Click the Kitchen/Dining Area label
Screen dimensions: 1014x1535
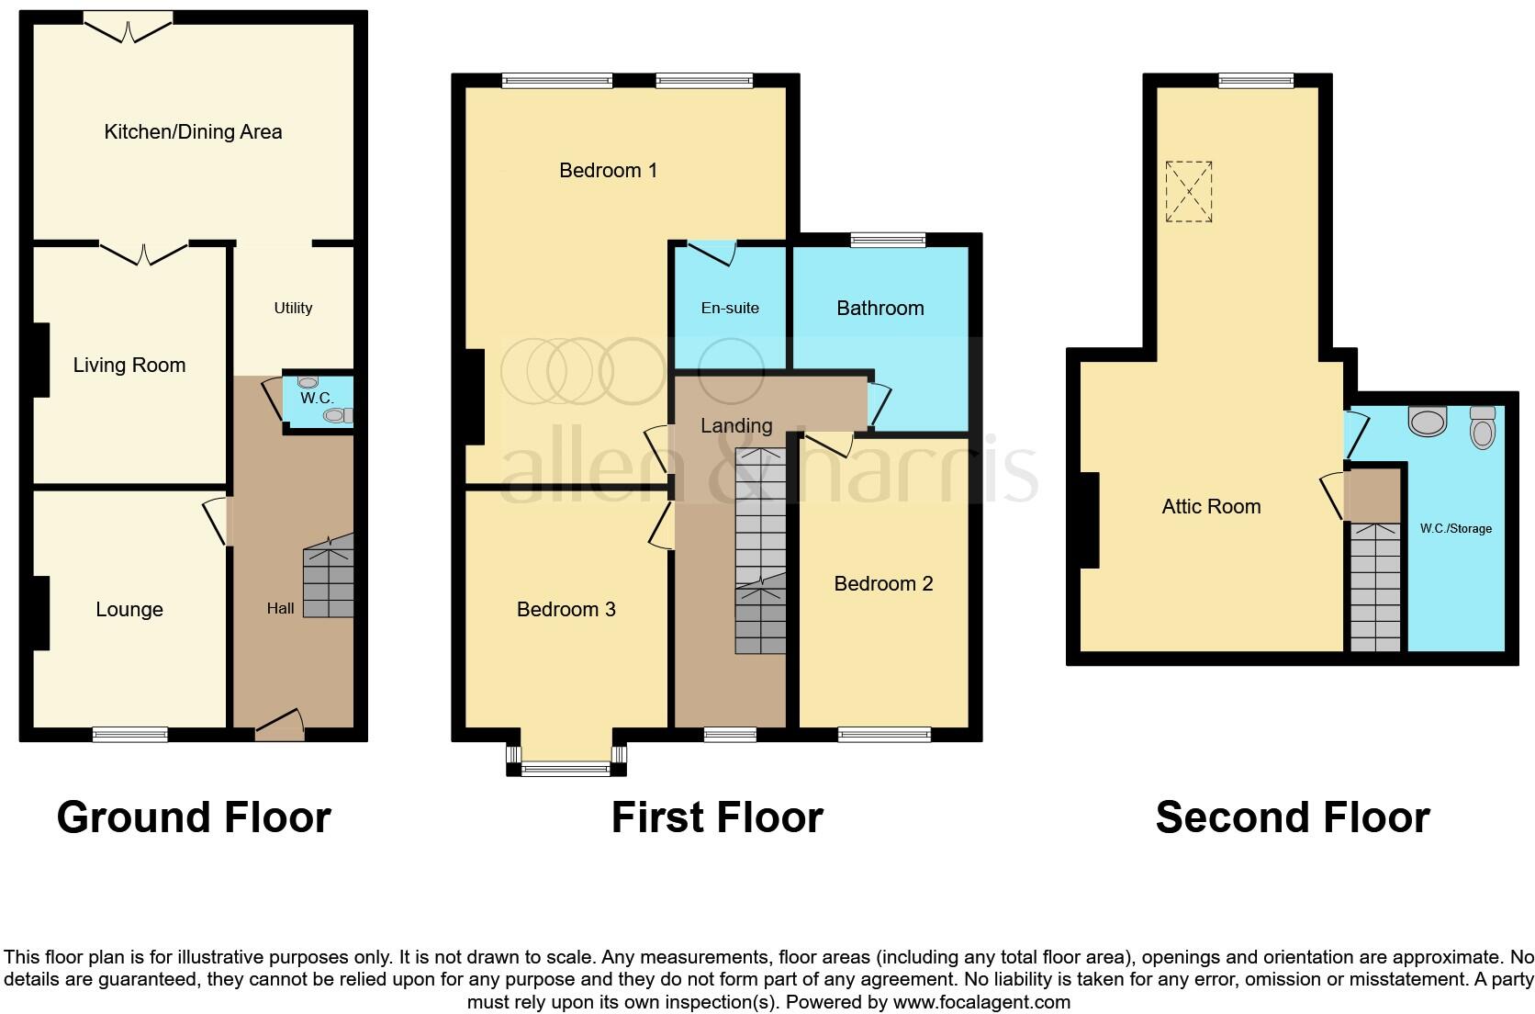[x=193, y=131]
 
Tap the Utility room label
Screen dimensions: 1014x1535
[x=293, y=308]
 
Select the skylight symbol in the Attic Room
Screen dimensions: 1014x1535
[x=1189, y=192]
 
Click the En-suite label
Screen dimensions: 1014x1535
[x=730, y=308]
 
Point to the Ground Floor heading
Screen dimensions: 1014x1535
[x=194, y=817]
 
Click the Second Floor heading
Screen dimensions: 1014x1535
[x=1292, y=817]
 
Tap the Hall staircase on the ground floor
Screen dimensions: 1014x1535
[x=329, y=579]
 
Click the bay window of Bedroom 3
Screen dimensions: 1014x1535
[x=566, y=767]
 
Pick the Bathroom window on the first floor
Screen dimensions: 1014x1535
[x=887, y=241]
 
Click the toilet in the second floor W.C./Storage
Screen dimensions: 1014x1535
[x=1482, y=427]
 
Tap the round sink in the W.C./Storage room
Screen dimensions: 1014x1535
[x=1427, y=422]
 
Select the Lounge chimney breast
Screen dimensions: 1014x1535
[x=41, y=613]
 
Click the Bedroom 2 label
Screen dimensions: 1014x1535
[x=883, y=583]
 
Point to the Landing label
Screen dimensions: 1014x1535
[x=735, y=425]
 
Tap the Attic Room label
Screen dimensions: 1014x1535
[x=1211, y=506]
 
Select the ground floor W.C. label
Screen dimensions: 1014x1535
[x=317, y=399]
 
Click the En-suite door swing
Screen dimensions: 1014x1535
[x=714, y=253]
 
